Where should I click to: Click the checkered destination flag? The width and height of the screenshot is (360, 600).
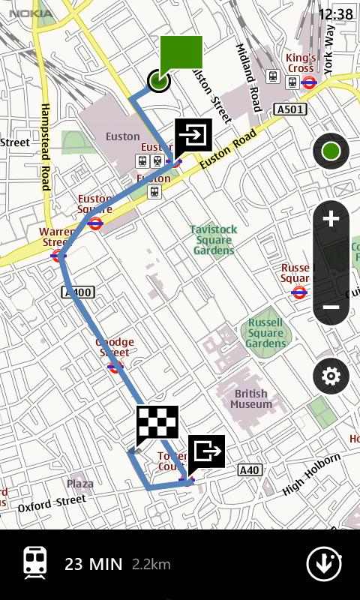(157, 426)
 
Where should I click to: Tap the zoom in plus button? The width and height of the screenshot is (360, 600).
(331, 220)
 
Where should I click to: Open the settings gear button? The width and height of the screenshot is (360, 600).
(331, 376)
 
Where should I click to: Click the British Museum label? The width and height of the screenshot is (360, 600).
(251, 399)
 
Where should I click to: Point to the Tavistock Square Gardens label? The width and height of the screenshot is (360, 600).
(214, 240)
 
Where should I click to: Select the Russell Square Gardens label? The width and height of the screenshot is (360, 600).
(265, 333)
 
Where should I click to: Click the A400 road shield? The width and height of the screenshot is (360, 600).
(77, 292)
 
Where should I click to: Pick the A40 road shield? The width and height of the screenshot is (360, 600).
(250, 470)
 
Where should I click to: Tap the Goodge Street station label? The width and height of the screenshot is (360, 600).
(114, 347)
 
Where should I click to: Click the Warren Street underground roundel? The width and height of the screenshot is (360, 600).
(58, 256)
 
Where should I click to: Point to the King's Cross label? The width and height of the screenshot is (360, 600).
(301, 63)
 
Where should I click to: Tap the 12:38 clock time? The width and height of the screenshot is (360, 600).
(335, 14)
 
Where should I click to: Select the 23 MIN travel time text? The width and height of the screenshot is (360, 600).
(93, 564)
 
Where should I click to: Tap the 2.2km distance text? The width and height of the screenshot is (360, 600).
(151, 564)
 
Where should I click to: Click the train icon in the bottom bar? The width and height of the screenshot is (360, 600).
(35, 562)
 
